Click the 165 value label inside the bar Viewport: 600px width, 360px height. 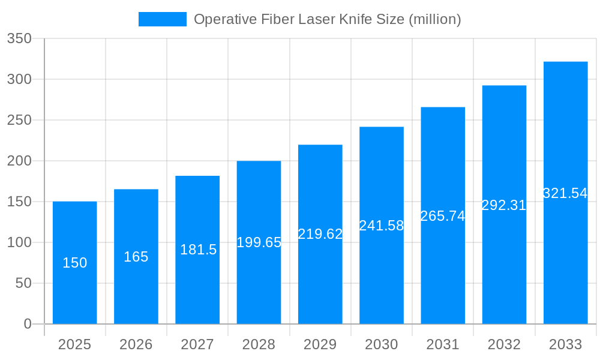[136, 257]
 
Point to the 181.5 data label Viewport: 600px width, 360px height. [198, 250]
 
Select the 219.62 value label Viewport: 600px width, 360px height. [320, 234]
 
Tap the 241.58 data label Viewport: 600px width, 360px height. [382, 226]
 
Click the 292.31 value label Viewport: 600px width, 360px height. [504, 205]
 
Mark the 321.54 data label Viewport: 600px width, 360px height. [565, 193]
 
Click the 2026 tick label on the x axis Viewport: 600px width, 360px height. [136, 344]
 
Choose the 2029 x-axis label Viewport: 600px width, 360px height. [320, 344]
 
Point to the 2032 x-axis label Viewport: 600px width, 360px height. [504, 344]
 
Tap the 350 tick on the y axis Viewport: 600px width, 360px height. [19, 38]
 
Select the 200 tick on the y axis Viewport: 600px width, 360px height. [19, 161]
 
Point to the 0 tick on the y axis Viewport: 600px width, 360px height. [28, 324]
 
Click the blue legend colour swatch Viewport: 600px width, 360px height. [162, 19]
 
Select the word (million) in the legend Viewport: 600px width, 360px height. [434, 19]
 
